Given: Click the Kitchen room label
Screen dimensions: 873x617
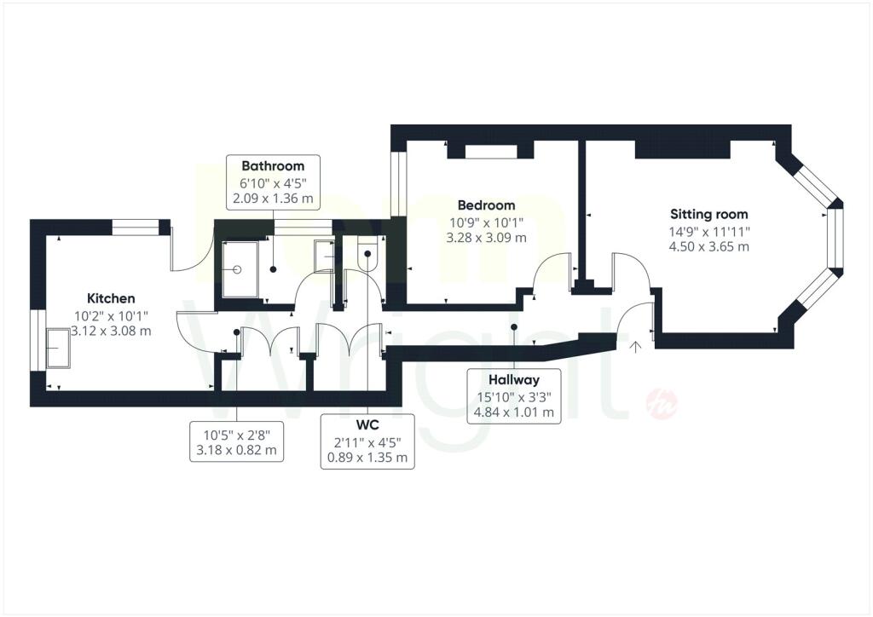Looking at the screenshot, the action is pyautogui.click(x=111, y=298).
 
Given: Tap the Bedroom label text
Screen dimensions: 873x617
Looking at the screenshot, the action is pyautogui.click(x=486, y=205).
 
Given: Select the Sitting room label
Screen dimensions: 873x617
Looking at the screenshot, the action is pyautogui.click(x=708, y=214).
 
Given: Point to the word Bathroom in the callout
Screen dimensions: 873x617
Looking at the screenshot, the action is pyautogui.click(x=273, y=165).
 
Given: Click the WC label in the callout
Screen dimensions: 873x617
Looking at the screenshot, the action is pyautogui.click(x=367, y=425).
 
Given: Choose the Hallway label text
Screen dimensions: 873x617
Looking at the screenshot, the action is pyautogui.click(x=514, y=380).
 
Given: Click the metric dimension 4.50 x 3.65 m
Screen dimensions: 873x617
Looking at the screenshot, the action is pyautogui.click(x=708, y=246).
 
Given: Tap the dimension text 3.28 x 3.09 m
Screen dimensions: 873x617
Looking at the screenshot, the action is pyautogui.click(x=486, y=238).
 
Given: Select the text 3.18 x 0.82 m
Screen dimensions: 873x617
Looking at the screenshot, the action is pyautogui.click(x=236, y=450).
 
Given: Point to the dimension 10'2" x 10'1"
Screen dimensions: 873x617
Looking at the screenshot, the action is pyautogui.click(x=112, y=316).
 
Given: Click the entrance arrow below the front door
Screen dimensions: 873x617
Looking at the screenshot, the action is pyautogui.click(x=635, y=347).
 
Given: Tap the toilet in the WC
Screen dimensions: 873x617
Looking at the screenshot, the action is pyautogui.click(x=367, y=253).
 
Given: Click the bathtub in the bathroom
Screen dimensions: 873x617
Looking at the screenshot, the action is pyautogui.click(x=240, y=269).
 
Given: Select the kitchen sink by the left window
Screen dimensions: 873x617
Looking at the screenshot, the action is pyautogui.click(x=58, y=349).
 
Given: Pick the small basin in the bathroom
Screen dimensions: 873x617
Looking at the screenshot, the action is pyautogui.click(x=324, y=256).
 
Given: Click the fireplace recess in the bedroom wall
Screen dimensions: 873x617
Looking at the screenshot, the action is pyautogui.click(x=491, y=152).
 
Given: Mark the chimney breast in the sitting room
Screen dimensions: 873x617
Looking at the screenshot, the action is pyautogui.click(x=683, y=149).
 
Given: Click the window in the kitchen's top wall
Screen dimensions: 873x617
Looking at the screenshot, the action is pyautogui.click(x=136, y=227).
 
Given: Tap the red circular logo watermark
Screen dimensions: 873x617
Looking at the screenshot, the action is pyautogui.click(x=662, y=403).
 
